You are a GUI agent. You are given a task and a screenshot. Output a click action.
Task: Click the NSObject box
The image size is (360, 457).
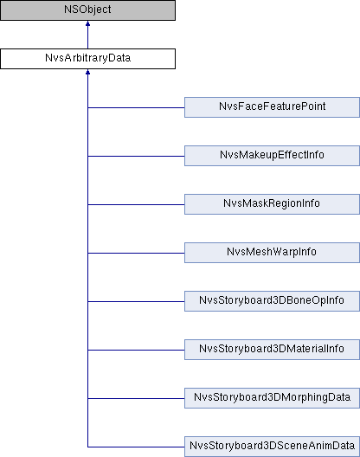tap(87, 10)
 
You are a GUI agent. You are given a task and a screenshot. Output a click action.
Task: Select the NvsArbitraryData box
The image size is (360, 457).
tap(87, 59)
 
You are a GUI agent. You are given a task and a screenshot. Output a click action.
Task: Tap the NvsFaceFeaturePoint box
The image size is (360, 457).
tap(272, 107)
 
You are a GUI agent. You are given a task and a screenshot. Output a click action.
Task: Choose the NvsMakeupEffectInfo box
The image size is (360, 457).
tap(272, 156)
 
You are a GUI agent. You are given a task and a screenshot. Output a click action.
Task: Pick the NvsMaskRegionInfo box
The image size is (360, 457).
tap(272, 204)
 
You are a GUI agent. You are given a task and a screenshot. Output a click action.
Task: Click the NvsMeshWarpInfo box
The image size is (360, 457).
tap(272, 253)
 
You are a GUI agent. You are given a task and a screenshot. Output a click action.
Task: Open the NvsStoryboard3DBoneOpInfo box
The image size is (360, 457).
tap(272, 301)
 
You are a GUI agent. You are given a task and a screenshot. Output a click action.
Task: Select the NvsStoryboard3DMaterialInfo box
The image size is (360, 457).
tap(272, 350)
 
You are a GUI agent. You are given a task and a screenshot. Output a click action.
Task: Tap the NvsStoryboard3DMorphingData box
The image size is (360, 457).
tap(272, 398)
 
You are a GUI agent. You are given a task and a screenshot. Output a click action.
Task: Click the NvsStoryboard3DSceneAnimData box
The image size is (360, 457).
tap(272, 447)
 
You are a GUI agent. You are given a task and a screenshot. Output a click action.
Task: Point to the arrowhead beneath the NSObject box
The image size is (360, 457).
tap(87, 23)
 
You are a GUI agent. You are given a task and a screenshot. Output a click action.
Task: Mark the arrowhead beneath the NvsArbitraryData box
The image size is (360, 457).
tap(87, 72)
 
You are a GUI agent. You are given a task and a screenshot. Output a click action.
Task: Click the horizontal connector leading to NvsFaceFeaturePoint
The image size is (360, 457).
tap(136, 107)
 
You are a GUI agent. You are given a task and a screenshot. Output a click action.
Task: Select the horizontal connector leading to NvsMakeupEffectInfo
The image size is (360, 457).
tap(136, 156)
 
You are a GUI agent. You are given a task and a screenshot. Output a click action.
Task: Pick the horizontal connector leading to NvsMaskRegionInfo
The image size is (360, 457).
tap(136, 204)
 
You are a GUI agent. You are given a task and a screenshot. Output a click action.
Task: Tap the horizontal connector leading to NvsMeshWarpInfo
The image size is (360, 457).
tap(136, 253)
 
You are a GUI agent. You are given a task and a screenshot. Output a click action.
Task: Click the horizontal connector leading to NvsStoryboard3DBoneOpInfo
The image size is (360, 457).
tap(136, 301)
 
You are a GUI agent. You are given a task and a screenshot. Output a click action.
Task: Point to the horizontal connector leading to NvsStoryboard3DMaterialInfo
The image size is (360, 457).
tap(136, 350)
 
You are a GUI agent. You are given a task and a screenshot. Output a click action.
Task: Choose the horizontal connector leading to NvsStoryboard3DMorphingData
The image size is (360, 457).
tap(136, 398)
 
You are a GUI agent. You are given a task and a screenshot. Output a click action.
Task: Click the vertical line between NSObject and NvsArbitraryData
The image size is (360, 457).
tap(87, 37)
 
